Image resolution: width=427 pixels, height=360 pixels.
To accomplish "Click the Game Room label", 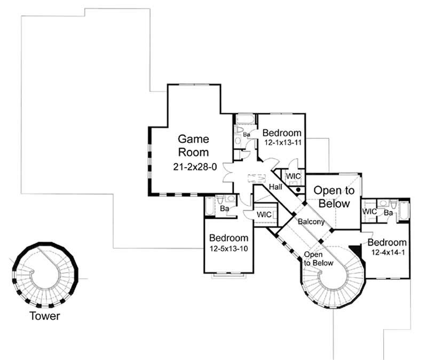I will [x=193, y=145].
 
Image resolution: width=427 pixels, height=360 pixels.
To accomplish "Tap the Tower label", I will [x=45, y=316].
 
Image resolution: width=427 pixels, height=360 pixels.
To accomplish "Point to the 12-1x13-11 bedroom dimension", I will [x=283, y=143].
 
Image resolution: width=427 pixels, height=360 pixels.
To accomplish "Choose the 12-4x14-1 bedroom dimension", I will [x=388, y=252].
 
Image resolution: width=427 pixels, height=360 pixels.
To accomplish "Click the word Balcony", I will [x=311, y=221].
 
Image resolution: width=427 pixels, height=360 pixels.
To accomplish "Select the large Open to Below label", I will [x=331, y=197].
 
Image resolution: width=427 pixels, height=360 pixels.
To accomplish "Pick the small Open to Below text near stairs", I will [x=319, y=259].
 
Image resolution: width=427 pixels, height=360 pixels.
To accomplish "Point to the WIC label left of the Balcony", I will [x=264, y=214].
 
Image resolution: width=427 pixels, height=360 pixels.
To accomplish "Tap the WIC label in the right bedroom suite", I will [x=370, y=212].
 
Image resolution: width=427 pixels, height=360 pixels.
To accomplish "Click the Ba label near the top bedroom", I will [x=247, y=135].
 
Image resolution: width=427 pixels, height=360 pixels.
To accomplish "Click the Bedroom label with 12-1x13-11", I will [x=282, y=133].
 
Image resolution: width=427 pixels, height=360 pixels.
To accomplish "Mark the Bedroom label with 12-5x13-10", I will [x=229, y=238].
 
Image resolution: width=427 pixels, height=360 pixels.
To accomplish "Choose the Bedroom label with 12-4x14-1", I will [x=388, y=242].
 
